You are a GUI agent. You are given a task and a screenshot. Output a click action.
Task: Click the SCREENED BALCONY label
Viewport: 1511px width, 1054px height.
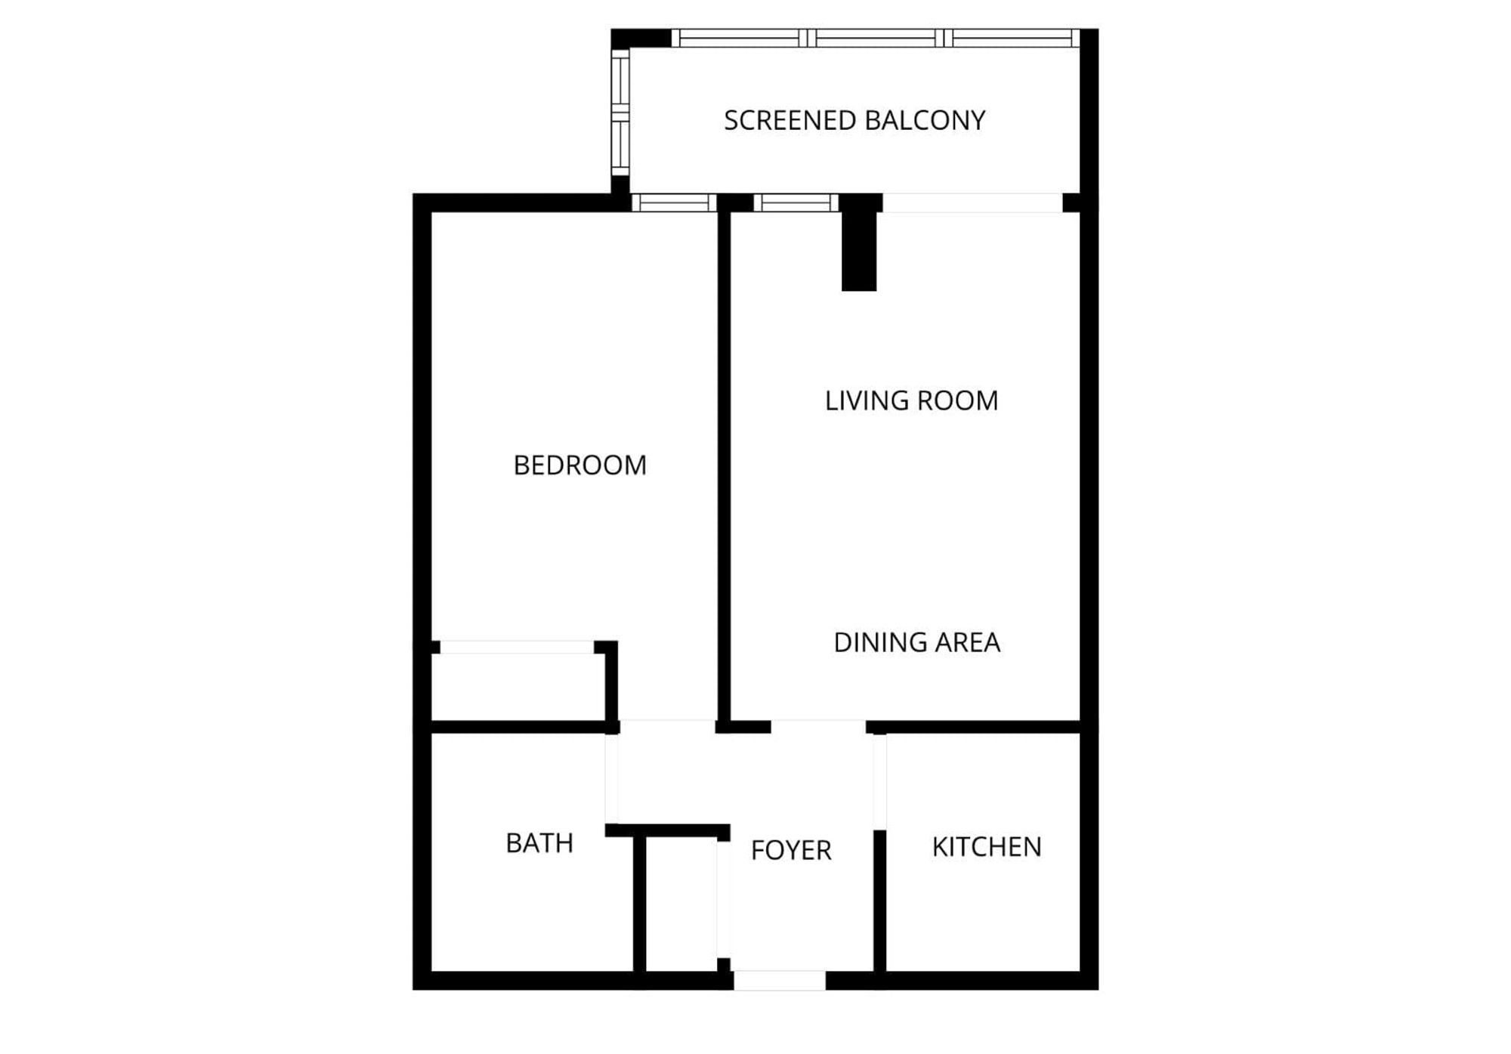pyautogui.click(x=854, y=120)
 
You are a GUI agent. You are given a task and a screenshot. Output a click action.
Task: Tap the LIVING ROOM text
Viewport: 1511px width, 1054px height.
pyautogui.click(x=911, y=400)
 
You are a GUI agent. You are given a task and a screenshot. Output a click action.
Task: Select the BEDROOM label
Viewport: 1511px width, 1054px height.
pyautogui.click(x=579, y=465)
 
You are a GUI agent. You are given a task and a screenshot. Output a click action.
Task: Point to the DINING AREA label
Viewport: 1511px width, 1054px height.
pyautogui.click(x=916, y=642)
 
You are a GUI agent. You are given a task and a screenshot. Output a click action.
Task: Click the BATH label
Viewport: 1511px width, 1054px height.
pyautogui.click(x=539, y=842)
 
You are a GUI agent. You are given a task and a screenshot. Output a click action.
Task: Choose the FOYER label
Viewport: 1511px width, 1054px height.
pyautogui.click(x=791, y=850)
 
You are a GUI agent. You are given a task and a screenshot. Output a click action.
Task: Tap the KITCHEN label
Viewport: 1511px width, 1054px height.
pyautogui.click(x=987, y=846)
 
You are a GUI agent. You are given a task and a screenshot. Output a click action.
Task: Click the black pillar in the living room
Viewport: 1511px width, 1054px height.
pyautogui.click(x=859, y=249)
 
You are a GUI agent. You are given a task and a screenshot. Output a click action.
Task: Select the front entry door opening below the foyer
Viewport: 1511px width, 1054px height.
pyautogui.click(x=779, y=981)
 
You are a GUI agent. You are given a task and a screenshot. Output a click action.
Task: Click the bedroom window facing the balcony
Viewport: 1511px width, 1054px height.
pyautogui.click(x=673, y=202)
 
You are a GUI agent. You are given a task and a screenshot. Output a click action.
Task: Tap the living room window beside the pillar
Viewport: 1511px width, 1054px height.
pyautogui.click(x=796, y=202)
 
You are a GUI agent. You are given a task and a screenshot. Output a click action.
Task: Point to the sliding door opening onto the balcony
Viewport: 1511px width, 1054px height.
pyautogui.click(x=972, y=202)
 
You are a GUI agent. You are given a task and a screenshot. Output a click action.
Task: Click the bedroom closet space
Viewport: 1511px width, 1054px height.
pyautogui.click(x=518, y=686)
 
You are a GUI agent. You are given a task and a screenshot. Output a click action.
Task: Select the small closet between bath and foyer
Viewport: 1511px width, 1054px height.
pyautogui.click(x=681, y=903)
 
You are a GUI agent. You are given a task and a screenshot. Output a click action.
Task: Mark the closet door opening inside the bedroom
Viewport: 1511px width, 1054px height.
pyautogui.click(x=517, y=647)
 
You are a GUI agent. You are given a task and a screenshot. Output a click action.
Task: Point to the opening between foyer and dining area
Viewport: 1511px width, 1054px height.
pyautogui.click(x=818, y=727)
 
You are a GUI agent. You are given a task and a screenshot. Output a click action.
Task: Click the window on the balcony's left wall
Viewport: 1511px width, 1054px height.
pyautogui.click(x=620, y=112)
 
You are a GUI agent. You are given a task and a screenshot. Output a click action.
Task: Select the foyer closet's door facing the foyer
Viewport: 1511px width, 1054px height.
pyautogui.click(x=723, y=899)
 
